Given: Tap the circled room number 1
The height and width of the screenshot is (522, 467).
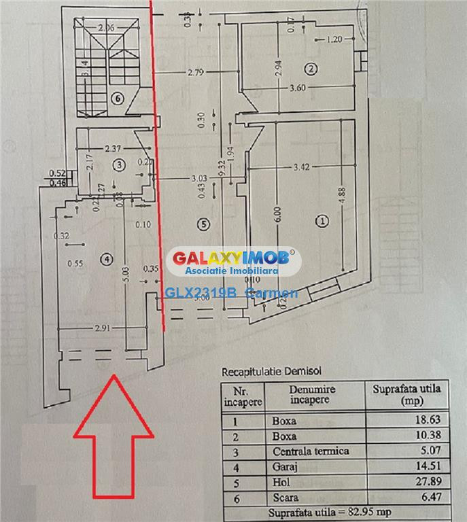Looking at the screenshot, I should click(x=322, y=220).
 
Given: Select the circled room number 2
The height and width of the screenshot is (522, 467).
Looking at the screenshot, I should click(x=311, y=69).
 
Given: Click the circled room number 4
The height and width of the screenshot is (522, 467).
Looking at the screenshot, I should click(x=105, y=258).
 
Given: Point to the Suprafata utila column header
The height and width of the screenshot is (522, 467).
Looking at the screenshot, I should click(x=407, y=394).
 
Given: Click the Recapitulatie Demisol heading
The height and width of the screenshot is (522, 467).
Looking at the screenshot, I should click(x=271, y=371).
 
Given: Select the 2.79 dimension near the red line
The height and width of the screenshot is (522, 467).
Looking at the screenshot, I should click(x=196, y=72).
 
